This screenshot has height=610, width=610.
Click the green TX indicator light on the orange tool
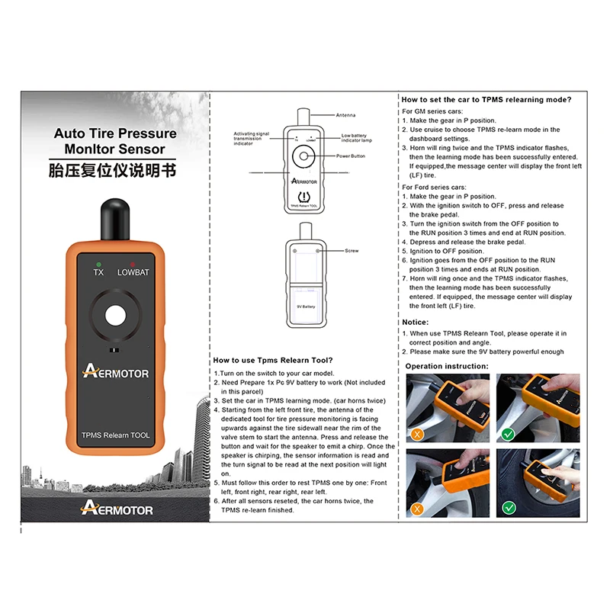98,265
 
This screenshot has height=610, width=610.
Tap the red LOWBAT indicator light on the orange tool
133,265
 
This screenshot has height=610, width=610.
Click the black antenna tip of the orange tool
115,220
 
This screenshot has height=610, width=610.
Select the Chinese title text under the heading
112,170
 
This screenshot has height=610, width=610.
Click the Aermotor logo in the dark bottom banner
117,508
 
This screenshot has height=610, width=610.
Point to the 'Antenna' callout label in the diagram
345,115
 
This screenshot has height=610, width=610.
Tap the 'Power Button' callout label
351,156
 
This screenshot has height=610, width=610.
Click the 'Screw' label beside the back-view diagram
352,251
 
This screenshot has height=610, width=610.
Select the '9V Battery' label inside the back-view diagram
307,307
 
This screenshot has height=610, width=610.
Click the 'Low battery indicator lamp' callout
356,138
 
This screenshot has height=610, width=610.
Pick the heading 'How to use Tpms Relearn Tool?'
273,360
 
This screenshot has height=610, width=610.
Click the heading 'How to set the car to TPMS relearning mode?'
486,100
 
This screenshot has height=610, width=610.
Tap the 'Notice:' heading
415,322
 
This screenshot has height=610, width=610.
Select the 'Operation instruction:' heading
447,366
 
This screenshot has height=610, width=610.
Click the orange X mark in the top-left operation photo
417,434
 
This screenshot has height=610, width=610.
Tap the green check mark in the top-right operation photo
508,434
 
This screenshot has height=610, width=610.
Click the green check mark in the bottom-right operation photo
509,508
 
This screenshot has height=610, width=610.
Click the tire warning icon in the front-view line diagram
303,197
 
